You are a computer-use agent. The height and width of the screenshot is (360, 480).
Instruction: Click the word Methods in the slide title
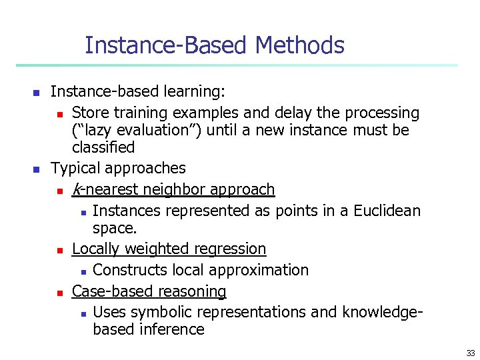coord(299,45)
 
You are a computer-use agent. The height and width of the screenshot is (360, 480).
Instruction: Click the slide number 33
coord(471,353)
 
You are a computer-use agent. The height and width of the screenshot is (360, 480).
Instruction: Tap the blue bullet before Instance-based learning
coord(37,91)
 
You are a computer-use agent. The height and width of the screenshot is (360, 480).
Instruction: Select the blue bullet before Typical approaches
coord(37,168)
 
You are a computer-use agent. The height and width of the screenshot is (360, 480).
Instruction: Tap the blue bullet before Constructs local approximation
coord(82,271)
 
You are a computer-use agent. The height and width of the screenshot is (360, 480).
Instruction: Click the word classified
coord(103,147)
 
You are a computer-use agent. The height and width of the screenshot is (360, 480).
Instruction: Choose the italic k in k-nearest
coord(75,189)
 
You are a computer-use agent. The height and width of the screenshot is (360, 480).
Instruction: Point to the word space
coord(115,228)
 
